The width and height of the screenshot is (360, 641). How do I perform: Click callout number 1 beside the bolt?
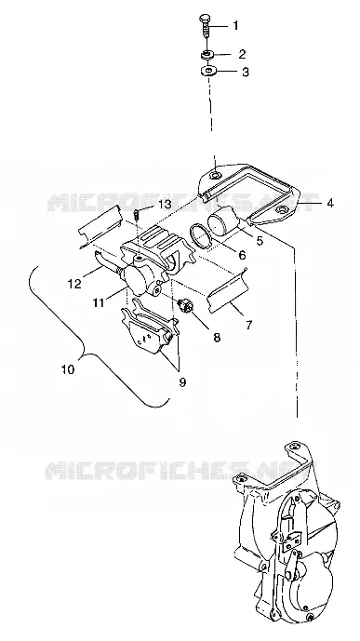[235, 26]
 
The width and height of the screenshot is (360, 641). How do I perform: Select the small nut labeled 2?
[207, 54]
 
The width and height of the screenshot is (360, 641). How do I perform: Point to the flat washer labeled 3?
[208, 72]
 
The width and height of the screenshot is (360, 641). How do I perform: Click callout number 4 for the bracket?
[329, 203]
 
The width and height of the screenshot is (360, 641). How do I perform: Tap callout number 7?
[249, 325]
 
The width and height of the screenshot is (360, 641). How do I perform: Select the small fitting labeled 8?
[185, 306]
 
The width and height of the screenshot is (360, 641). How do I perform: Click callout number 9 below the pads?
[182, 381]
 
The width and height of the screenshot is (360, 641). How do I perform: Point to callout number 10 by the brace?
[68, 369]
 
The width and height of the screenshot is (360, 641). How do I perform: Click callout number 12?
[74, 284]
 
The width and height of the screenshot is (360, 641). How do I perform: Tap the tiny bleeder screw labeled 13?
[137, 214]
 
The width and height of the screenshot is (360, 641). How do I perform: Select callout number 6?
[242, 256]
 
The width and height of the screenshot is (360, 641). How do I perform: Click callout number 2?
[242, 54]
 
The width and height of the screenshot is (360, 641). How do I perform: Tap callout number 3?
[246, 72]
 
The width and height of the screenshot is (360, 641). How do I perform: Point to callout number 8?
[217, 337]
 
